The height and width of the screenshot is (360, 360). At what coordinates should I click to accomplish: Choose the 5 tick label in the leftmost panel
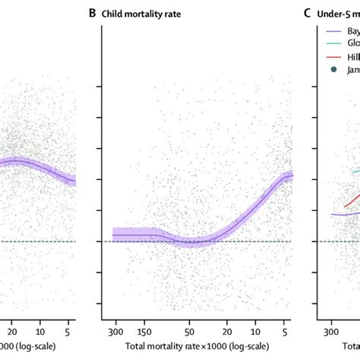point(70,332)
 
